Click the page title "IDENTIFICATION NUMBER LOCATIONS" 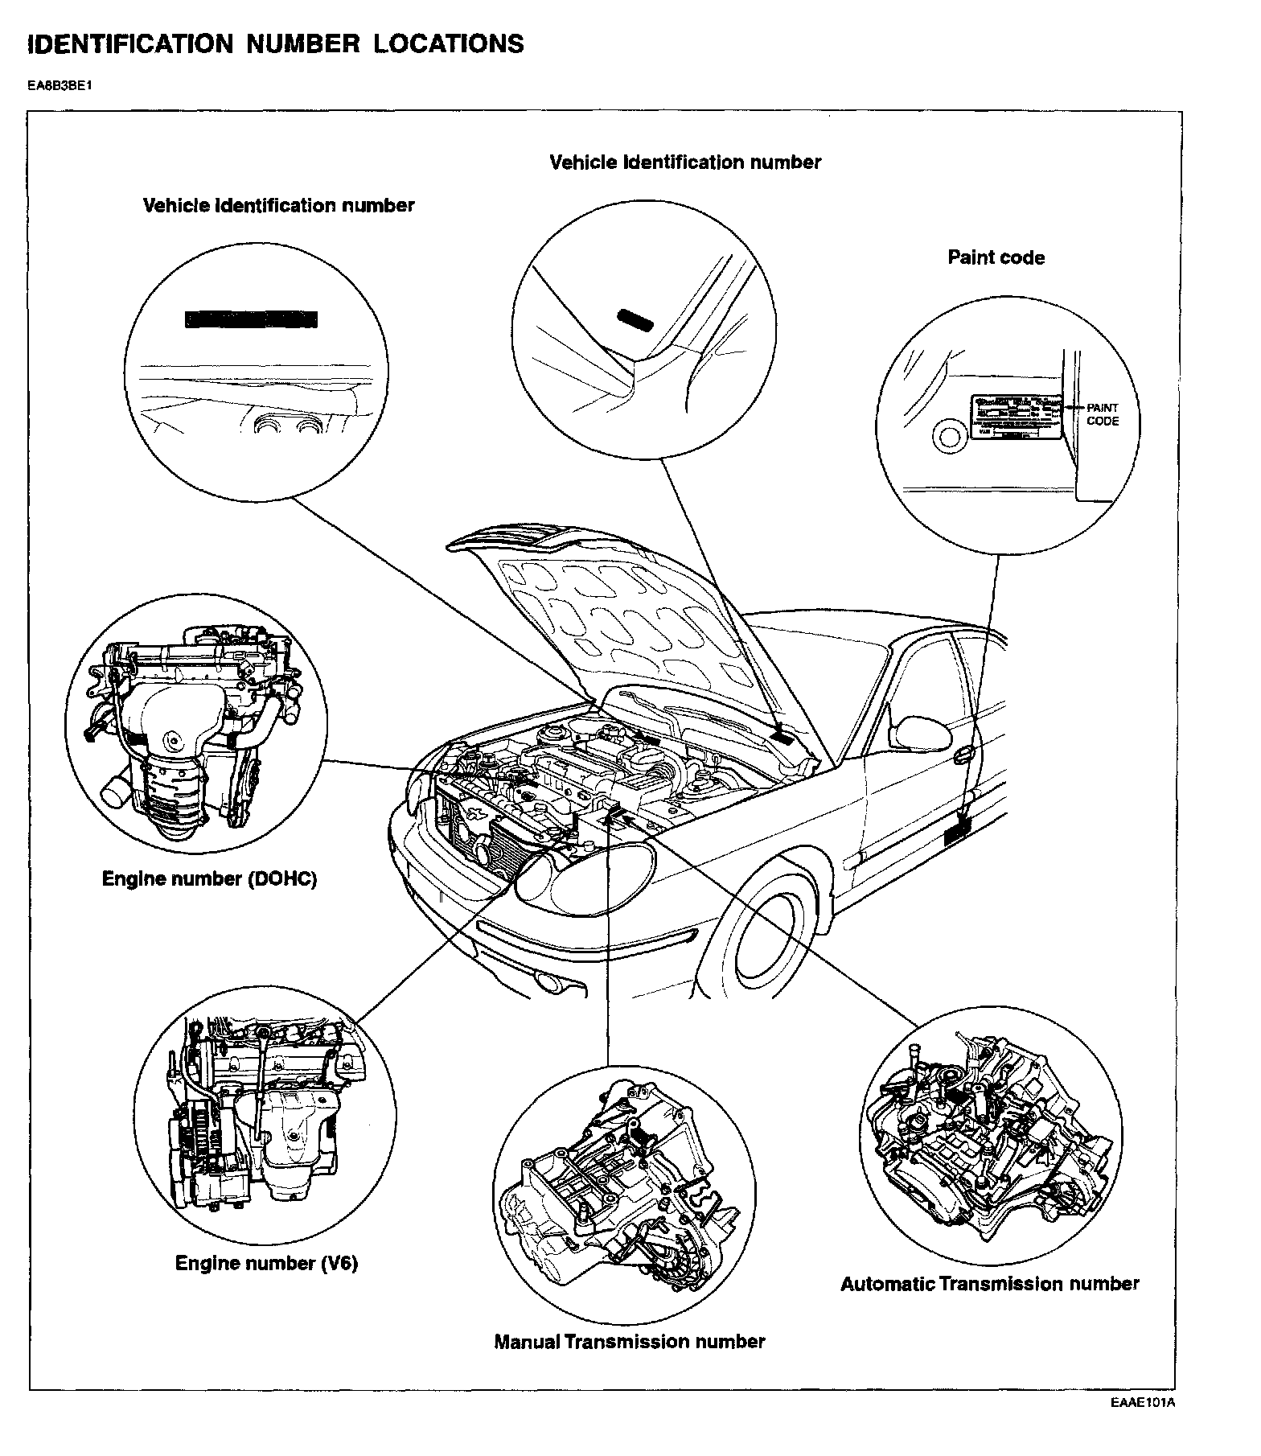[276, 43]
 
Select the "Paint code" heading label [996, 258]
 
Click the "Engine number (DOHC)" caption [209, 878]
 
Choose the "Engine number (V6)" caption [266, 1263]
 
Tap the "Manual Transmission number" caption [629, 1342]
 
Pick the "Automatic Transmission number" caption [989, 1284]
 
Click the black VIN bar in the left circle [251, 319]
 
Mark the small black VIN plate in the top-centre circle [635, 320]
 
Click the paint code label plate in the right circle [1016, 417]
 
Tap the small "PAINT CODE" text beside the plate [1102, 414]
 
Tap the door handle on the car [963, 755]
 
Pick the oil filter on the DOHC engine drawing [117, 788]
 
